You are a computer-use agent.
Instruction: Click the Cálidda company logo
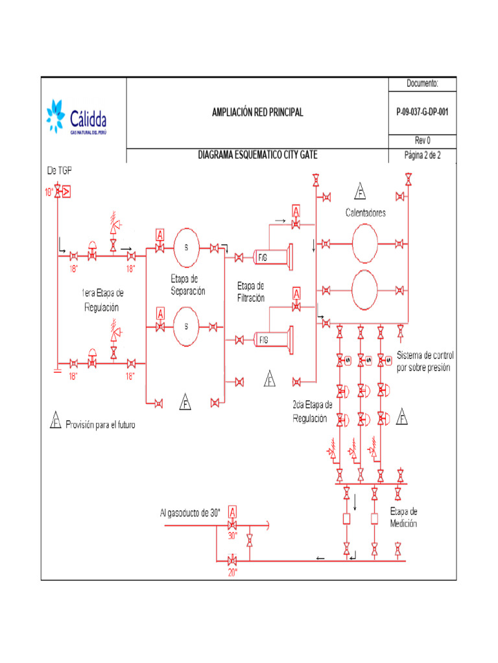[77, 117]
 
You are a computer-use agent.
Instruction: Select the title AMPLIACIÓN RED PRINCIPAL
[257, 113]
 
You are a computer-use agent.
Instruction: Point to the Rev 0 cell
[422, 140]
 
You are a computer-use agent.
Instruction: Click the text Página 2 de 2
[422, 155]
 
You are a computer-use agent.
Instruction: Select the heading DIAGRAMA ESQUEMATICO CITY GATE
[257, 155]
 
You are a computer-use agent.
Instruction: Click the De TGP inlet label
[59, 170]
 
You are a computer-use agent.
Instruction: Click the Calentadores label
[365, 213]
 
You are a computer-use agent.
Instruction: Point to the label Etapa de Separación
[188, 285]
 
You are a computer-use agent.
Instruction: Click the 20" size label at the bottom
[232, 572]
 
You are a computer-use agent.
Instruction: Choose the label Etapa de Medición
[403, 518]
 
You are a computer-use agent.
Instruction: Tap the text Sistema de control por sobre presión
[425, 362]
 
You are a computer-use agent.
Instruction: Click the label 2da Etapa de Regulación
[313, 412]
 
